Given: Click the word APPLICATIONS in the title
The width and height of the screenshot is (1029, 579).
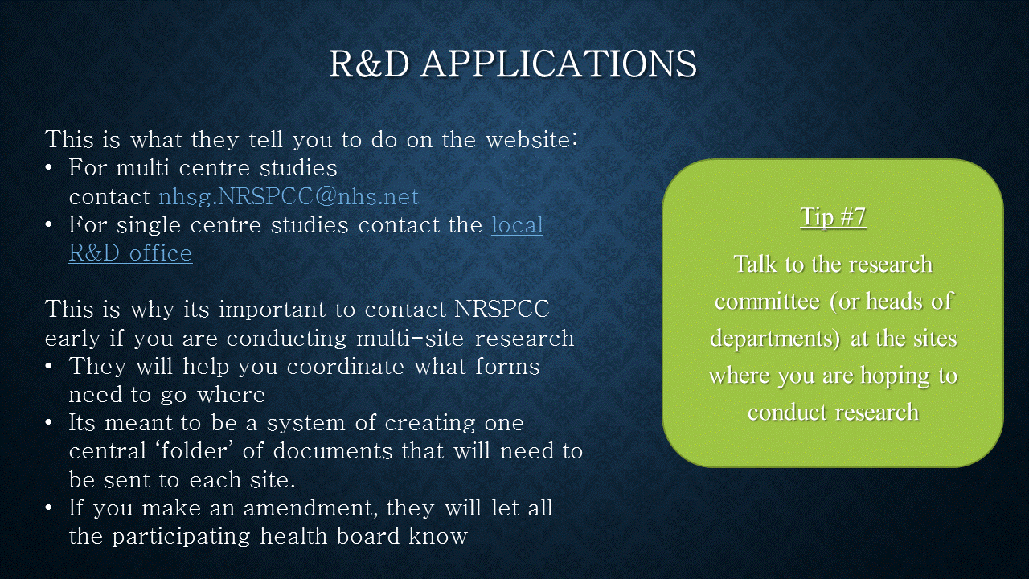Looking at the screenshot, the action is pyautogui.click(x=559, y=64).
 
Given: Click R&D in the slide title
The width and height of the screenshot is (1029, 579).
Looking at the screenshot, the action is pyautogui.click(x=369, y=64).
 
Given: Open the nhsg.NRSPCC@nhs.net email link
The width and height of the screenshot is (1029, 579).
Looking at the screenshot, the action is pyautogui.click(x=289, y=197).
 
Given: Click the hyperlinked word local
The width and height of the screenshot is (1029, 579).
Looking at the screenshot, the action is pyautogui.click(x=517, y=224).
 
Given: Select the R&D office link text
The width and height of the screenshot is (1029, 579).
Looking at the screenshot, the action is pyautogui.click(x=130, y=253).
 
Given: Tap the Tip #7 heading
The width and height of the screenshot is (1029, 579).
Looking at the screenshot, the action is pyautogui.click(x=833, y=217).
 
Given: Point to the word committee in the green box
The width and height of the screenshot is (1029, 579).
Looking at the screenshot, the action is pyautogui.click(x=767, y=302).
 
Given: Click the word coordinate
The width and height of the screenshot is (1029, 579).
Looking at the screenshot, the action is pyautogui.click(x=346, y=366).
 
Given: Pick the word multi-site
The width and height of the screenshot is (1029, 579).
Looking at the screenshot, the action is pyautogui.click(x=411, y=338).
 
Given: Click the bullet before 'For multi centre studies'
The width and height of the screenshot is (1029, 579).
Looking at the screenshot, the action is pyautogui.click(x=49, y=168).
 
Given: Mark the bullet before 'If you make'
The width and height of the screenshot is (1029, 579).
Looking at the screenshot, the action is pyautogui.click(x=49, y=507).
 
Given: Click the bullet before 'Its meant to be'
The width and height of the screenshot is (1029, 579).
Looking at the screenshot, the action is pyautogui.click(x=49, y=423).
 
